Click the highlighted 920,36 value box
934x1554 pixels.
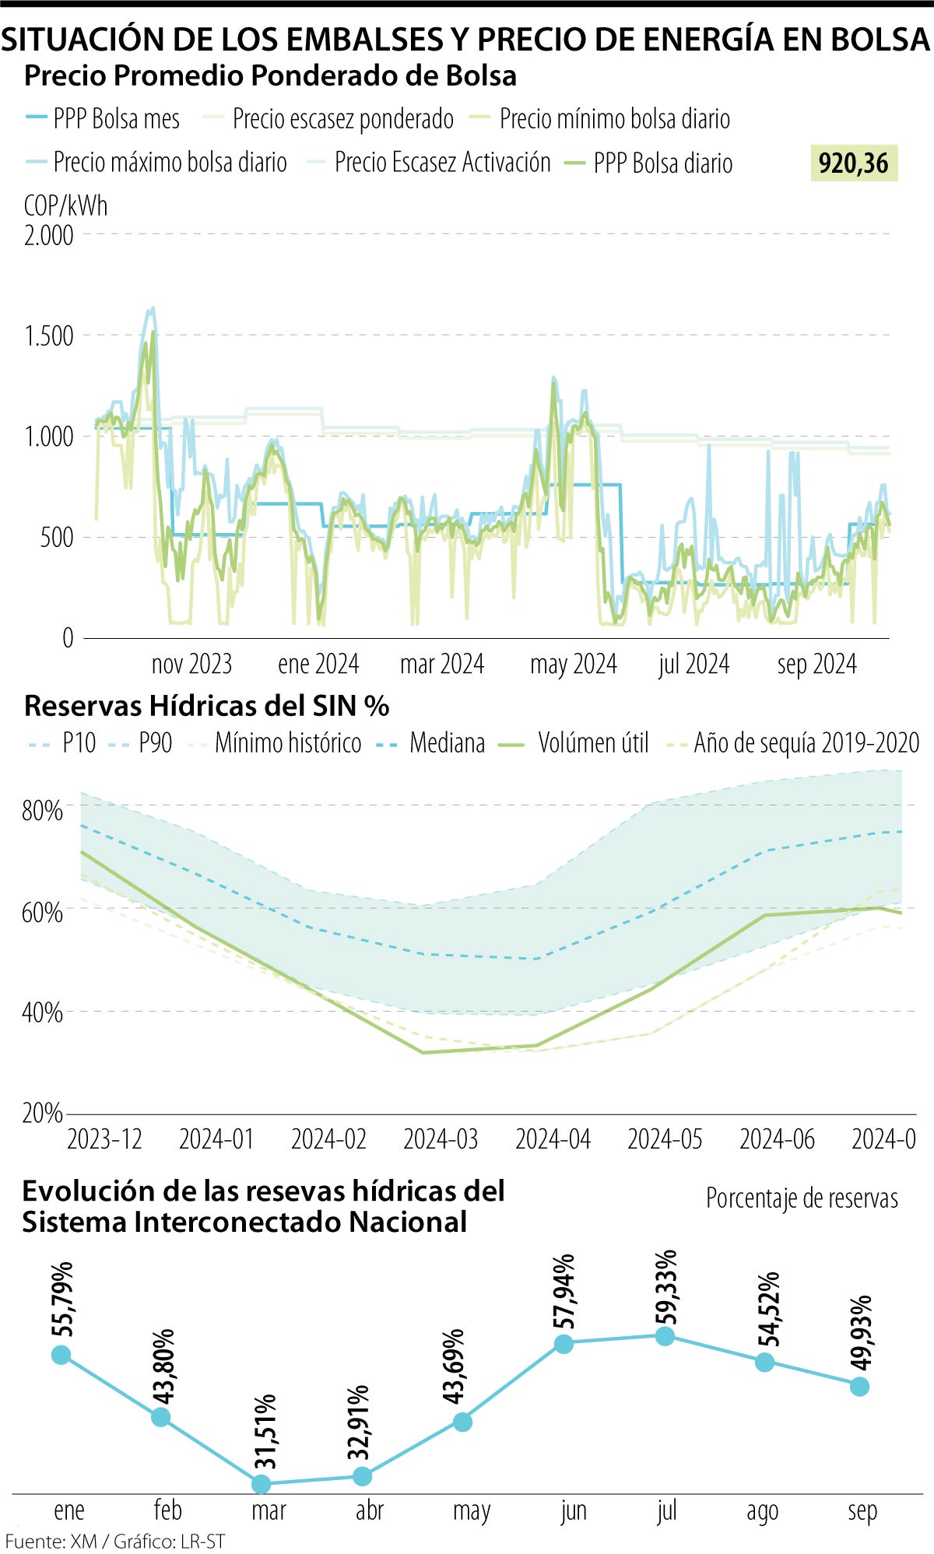[854, 163]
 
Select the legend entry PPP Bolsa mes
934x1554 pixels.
[103, 119]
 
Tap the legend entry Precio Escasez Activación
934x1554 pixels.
[428, 163]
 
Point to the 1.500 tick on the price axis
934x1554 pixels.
[49, 336]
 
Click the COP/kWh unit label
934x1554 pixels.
[65, 206]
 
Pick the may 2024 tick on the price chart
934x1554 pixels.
[573, 665]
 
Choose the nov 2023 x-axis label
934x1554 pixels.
[191, 665]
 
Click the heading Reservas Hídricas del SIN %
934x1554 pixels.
[206, 706]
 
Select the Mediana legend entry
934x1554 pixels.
[430, 743]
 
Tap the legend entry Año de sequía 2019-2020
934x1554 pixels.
[794, 743]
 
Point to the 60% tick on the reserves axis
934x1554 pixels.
[42, 911]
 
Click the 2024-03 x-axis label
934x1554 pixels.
[441, 1139]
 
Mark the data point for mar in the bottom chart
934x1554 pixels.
[262, 1484]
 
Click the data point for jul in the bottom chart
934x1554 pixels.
[665, 1336]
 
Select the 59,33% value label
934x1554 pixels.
[666, 1287]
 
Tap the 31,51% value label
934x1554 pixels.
[265, 1431]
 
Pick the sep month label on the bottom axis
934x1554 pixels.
[862, 1510]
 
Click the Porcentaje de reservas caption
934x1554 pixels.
[802, 1198]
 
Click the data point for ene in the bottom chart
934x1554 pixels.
[61, 1355]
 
